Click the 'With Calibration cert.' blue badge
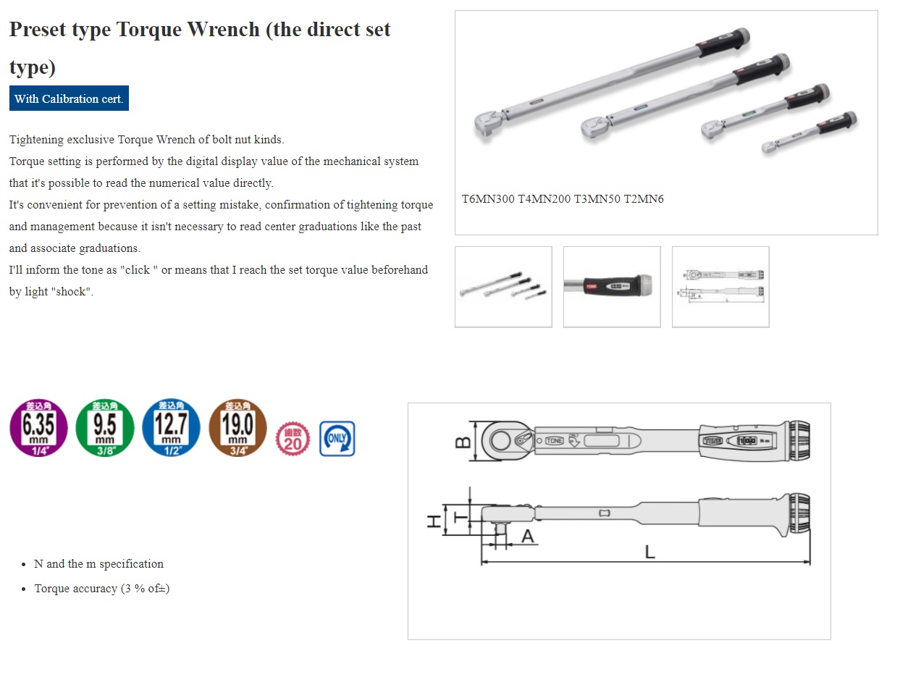pyautogui.click(x=69, y=98)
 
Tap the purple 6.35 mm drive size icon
pyautogui.click(x=38, y=428)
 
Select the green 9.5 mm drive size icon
pyautogui.click(x=105, y=428)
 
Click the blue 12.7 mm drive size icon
pyautogui.click(x=172, y=428)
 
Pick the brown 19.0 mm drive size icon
pyautogui.click(x=237, y=428)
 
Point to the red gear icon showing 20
pyautogui.click(x=293, y=439)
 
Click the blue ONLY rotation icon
pyautogui.click(x=337, y=439)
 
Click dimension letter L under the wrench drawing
pyautogui.click(x=649, y=552)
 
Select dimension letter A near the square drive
pyautogui.click(x=528, y=536)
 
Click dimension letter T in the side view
pyautogui.click(x=459, y=516)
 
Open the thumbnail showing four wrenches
pyautogui.click(x=503, y=287)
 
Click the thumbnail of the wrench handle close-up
pyautogui.click(x=612, y=287)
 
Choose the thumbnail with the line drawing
pyautogui.click(x=720, y=287)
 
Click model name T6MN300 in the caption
pyautogui.click(x=488, y=199)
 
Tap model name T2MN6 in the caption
pyautogui.click(x=644, y=199)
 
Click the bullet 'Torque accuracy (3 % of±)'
pyautogui.click(x=102, y=589)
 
